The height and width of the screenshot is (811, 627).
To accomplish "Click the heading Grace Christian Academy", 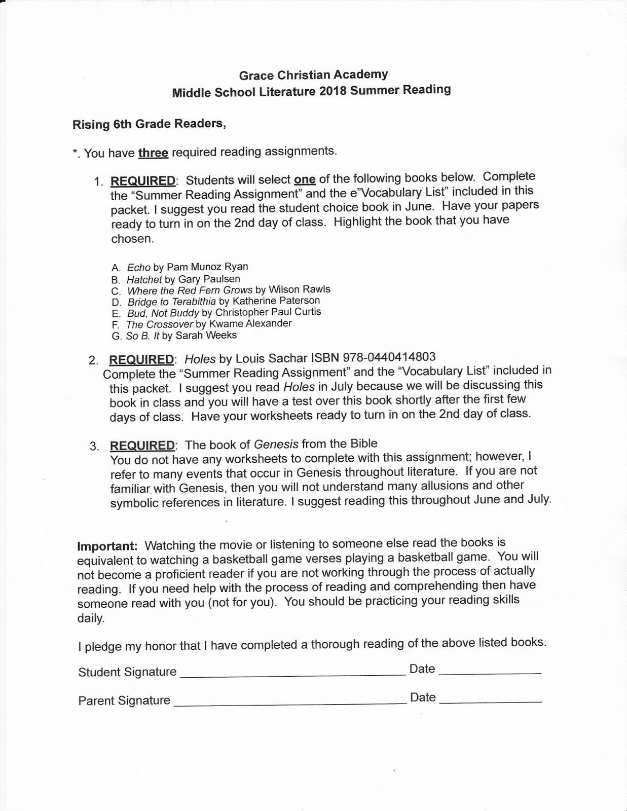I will coord(313,75).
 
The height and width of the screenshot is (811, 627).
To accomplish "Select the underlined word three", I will coord(153,152).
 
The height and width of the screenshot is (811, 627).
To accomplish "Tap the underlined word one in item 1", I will coord(305,179).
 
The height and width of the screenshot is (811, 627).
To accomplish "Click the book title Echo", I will coord(138,267).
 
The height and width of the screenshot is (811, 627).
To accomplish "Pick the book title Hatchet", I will coord(144,279).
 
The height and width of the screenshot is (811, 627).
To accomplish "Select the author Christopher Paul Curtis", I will coord(268,312).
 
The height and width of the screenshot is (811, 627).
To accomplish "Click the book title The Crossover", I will coord(159,324).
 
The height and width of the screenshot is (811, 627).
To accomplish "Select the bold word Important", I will coord(107,546).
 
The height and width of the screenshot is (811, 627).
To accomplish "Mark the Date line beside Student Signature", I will coord(490,672).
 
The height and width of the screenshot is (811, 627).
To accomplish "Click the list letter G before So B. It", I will coord(116,336).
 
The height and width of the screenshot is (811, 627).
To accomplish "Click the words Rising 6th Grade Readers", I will coord(149,124).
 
